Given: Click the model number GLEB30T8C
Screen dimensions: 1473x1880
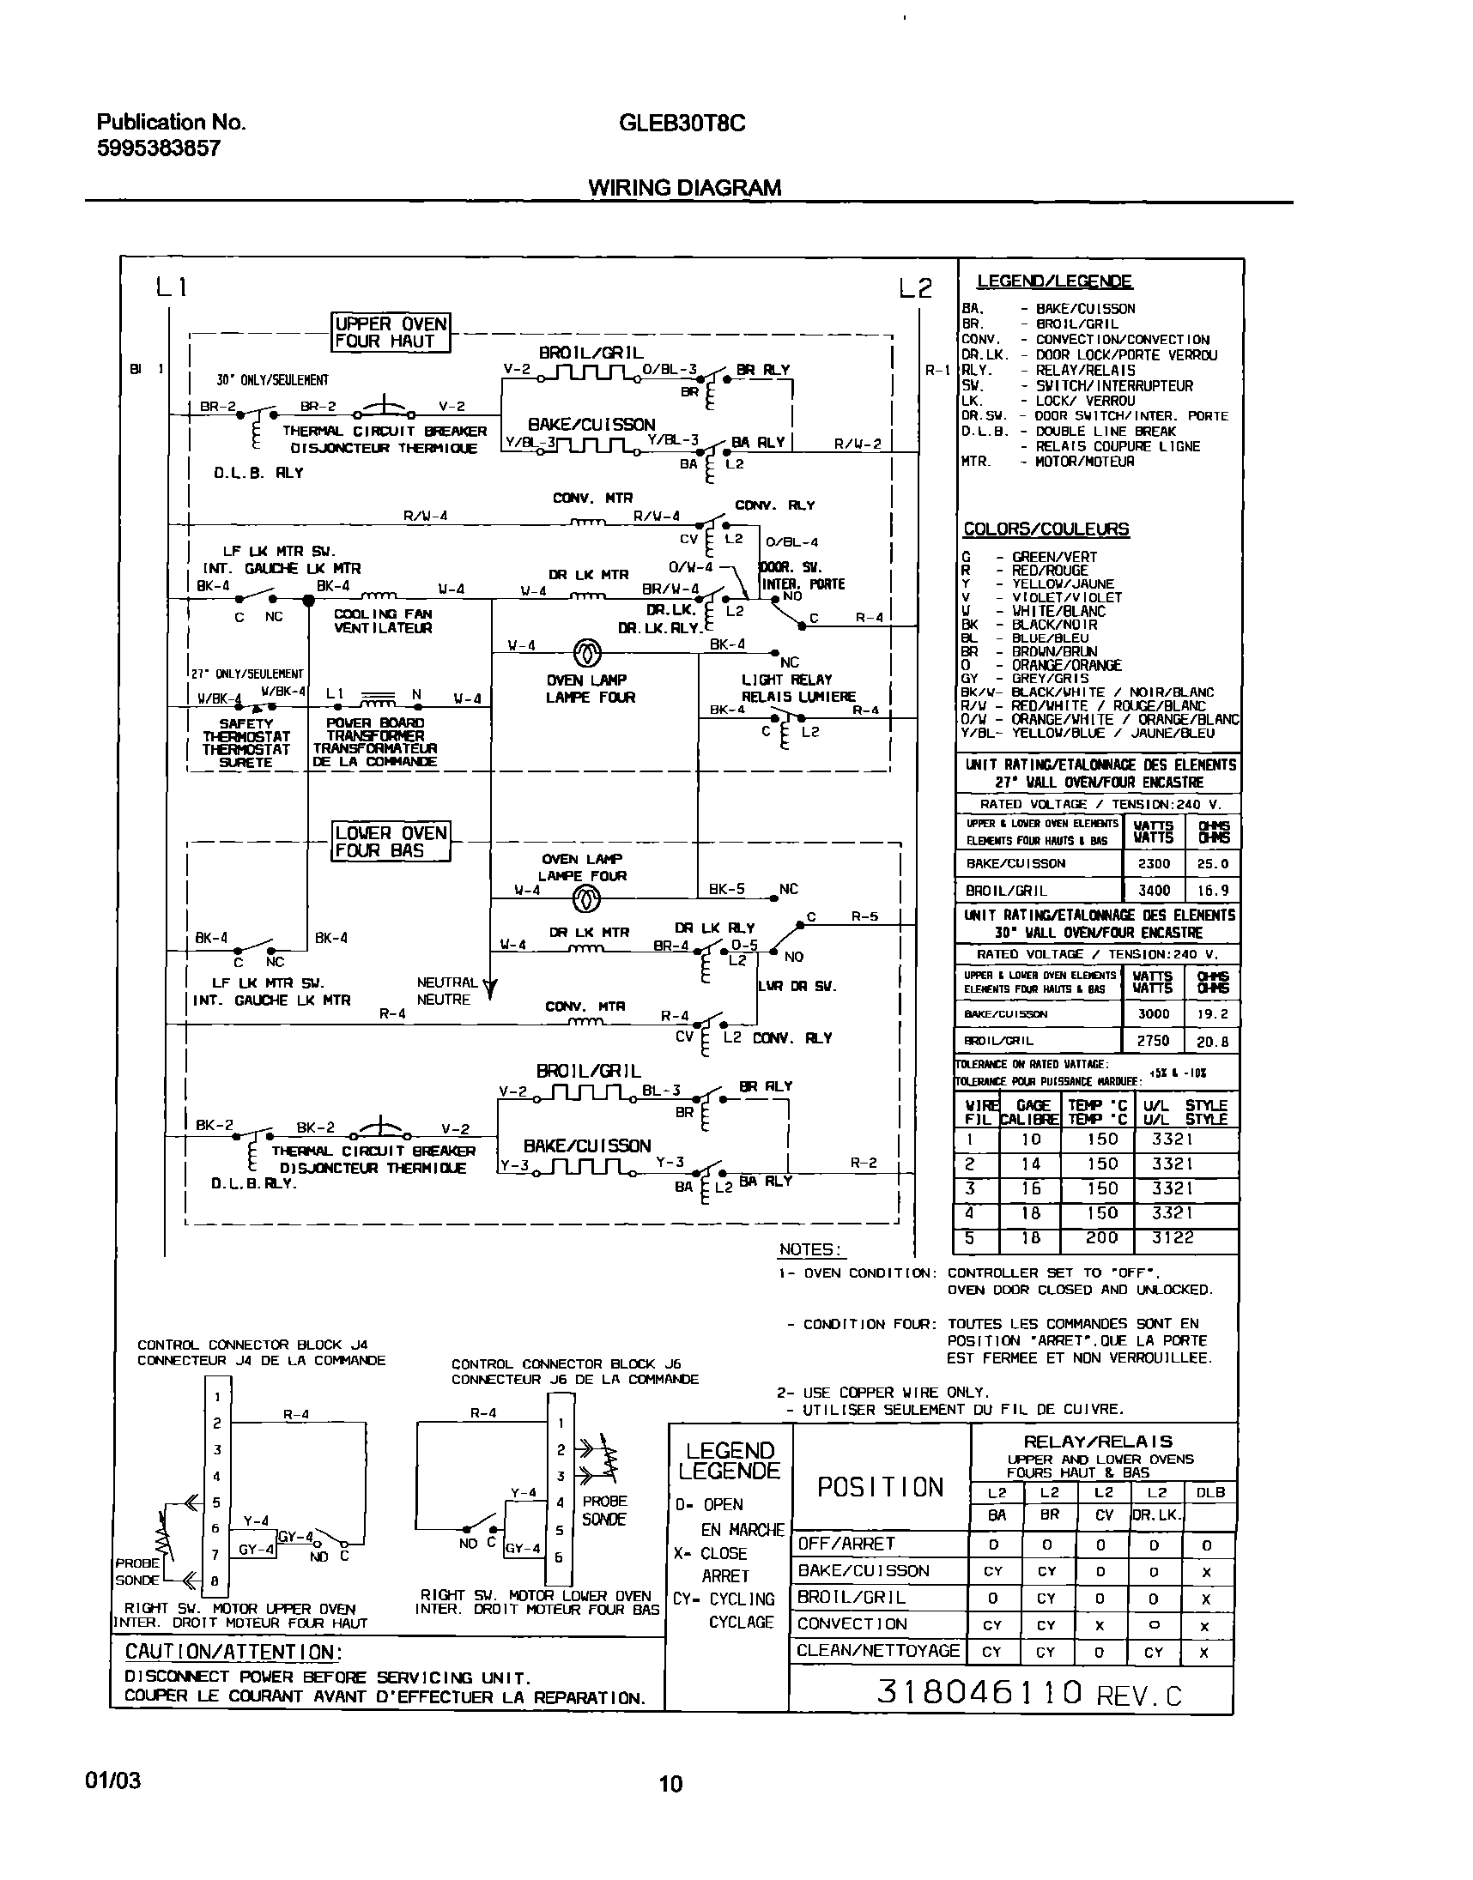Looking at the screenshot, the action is point(682,124).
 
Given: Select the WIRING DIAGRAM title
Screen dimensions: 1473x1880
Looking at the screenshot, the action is point(685,188).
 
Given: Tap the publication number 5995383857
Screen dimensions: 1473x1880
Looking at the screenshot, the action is point(159,148).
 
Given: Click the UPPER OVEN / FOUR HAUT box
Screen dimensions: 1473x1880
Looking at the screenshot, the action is point(391,333).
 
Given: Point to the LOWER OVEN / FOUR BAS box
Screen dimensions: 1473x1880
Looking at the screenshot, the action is point(391,841).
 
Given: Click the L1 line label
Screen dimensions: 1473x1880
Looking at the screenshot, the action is point(171,287).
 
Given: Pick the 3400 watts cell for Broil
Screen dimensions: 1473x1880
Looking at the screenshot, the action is point(1154,891).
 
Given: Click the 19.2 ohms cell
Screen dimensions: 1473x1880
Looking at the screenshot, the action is point(1212,1013).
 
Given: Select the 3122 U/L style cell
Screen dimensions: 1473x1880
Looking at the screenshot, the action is point(1173,1238).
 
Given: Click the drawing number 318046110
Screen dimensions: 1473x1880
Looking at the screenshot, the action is point(979,1692).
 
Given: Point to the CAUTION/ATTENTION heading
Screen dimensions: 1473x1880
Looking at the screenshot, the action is point(233,1652).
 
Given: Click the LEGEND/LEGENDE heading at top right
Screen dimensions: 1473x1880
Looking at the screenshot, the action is point(1054,281).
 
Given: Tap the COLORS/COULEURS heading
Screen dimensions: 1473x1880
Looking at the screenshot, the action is point(1046,529).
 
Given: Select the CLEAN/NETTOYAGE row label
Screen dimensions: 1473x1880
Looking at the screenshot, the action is point(877,1651).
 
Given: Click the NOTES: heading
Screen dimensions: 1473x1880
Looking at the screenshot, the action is point(810,1249).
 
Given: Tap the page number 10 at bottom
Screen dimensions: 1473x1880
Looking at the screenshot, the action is point(671,1783).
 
